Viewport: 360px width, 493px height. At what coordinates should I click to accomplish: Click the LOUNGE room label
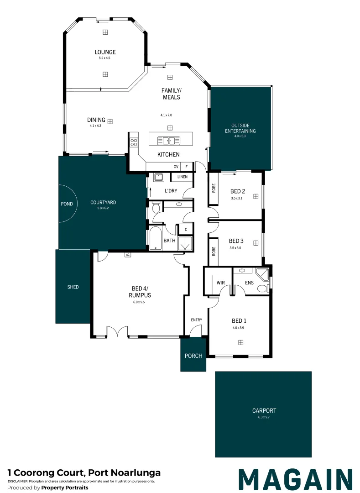[x=105, y=52]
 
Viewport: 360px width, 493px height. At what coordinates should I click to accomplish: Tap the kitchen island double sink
[x=168, y=140]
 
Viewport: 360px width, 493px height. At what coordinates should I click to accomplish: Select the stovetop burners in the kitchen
[x=134, y=142]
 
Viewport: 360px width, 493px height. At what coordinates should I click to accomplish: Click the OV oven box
[x=176, y=167]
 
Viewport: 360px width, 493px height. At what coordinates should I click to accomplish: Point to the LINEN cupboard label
[x=183, y=177]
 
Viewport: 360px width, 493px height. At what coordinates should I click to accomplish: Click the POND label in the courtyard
[x=67, y=204]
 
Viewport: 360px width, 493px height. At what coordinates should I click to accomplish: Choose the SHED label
[x=73, y=287]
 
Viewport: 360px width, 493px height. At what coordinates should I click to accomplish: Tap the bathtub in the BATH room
[x=155, y=238]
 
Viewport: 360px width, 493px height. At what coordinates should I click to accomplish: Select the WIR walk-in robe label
[x=221, y=283]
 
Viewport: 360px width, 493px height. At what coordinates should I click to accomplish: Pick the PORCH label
[x=193, y=356]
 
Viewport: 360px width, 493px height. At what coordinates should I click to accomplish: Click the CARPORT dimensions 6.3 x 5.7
[x=264, y=417]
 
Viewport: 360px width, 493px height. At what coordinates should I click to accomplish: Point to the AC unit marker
[x=128, y=255]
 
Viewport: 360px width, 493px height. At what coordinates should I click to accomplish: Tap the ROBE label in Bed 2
[x=214, y=188]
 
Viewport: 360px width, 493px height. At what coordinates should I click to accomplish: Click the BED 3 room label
[x=236, y=241]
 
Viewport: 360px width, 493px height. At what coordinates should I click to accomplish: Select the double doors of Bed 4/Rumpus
[x=117, y=331]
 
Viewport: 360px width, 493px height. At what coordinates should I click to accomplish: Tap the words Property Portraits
[x=65, y=488]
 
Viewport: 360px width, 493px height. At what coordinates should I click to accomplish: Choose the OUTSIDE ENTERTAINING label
[x=240, y=128]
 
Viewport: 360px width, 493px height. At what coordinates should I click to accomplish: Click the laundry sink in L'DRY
[x=158, y=177]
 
